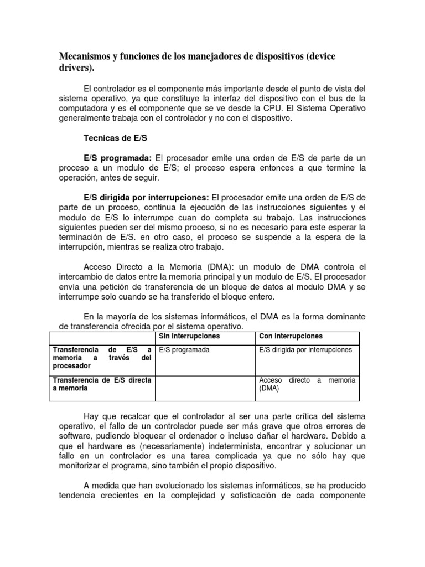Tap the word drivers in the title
(75, 68)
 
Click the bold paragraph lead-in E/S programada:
(117, 158)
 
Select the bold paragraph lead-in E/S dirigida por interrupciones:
(146, 198)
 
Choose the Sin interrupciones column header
(189, 337)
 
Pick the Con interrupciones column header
(291, 337)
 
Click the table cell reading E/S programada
(184, 350)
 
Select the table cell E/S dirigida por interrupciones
(305, 350)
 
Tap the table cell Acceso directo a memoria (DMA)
(307, 384)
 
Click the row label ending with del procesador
(101, 358)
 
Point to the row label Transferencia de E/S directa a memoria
(101, 384)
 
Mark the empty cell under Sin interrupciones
(205, 388)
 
